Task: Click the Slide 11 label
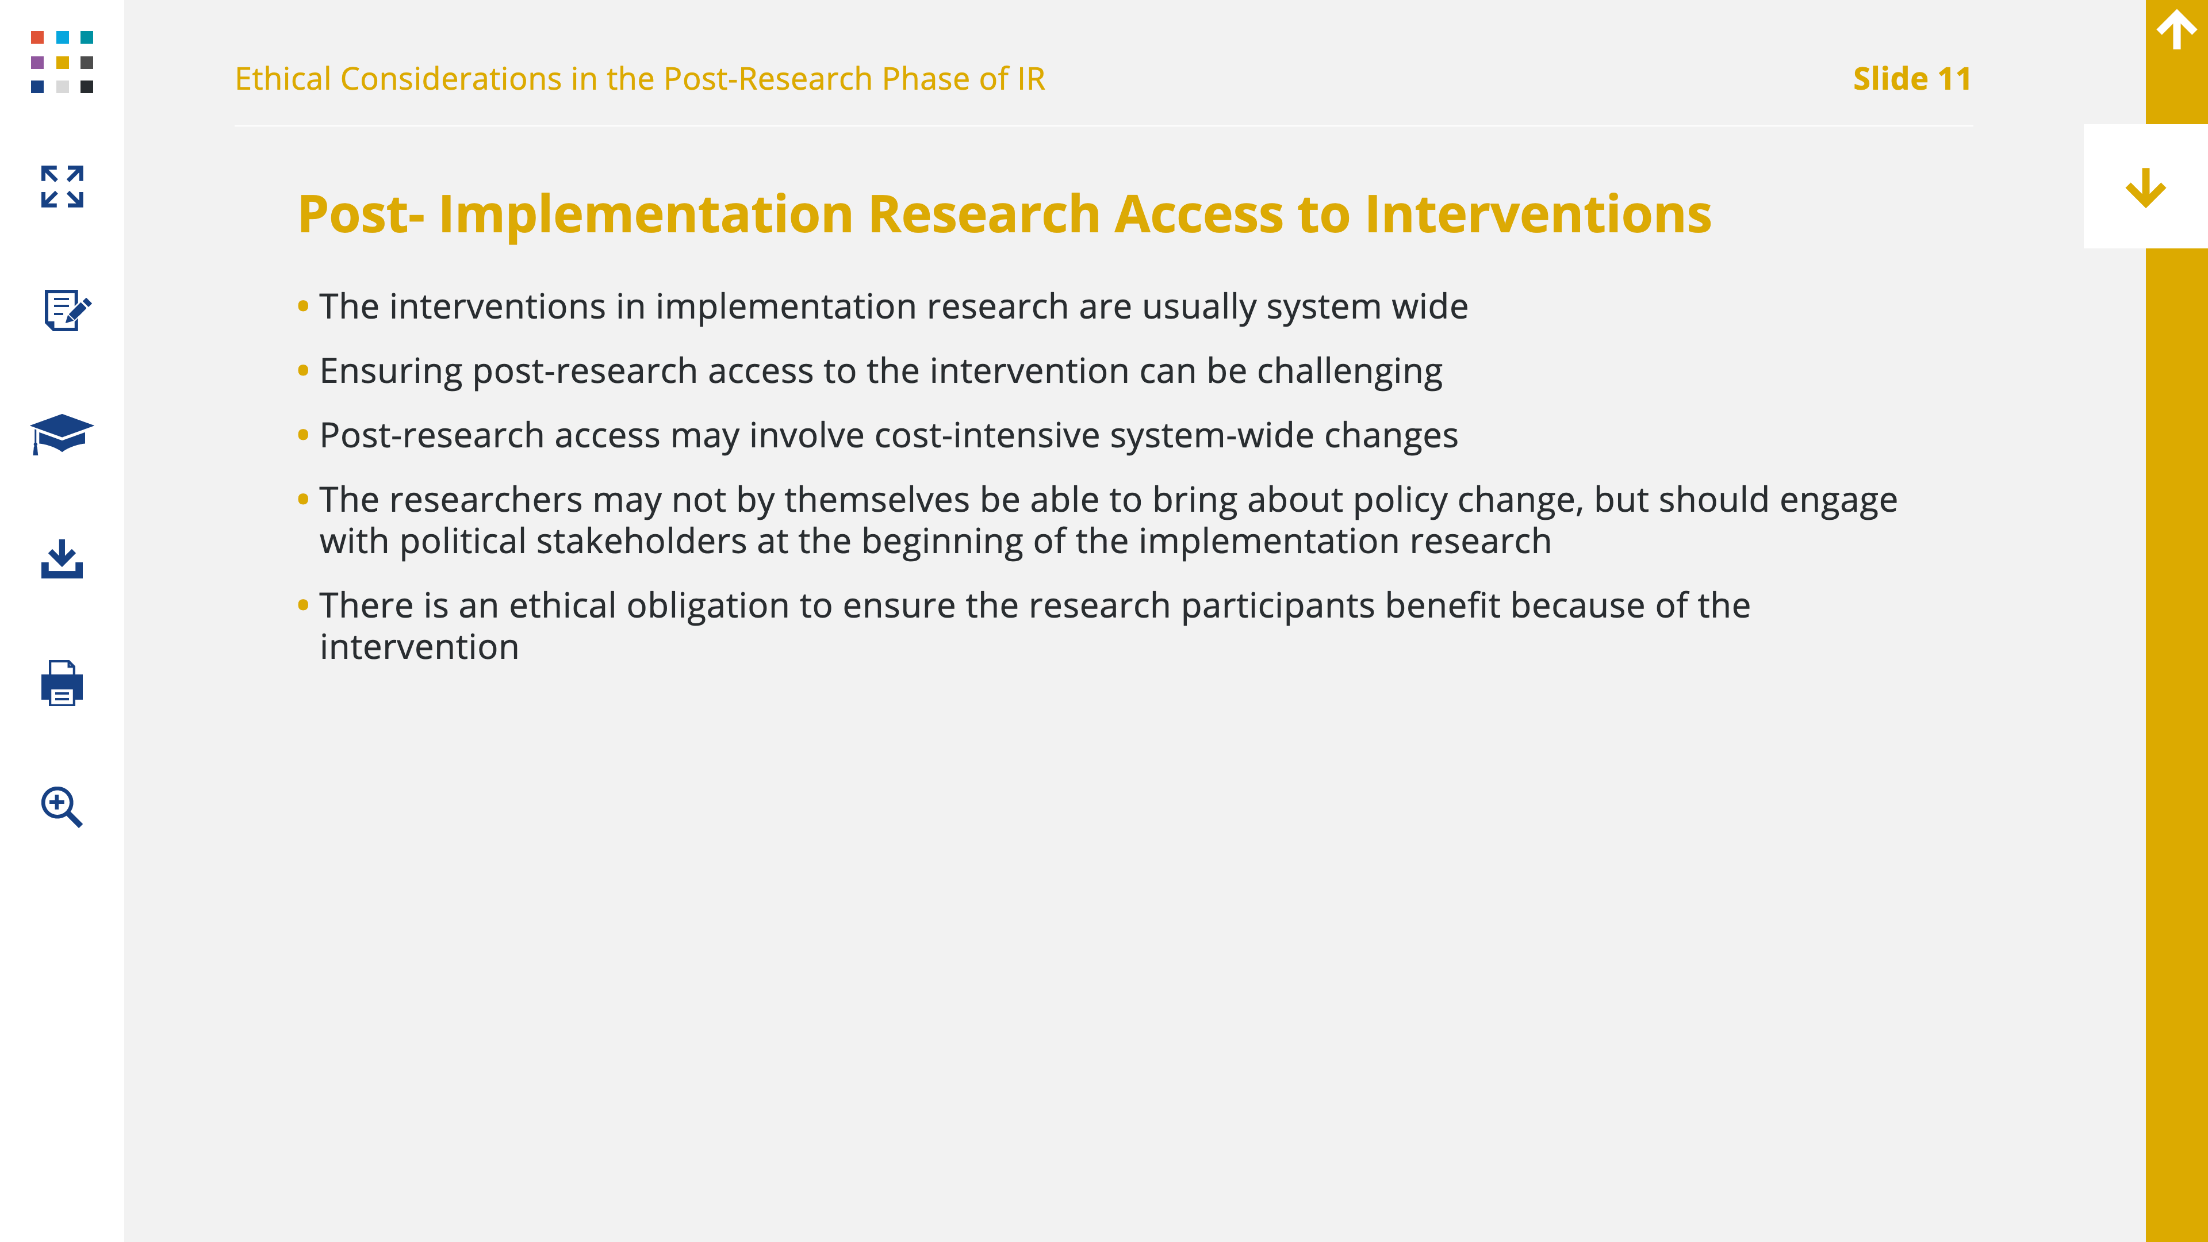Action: click(x=1911, y=79)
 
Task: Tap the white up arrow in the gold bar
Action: click(x=2176, y=29)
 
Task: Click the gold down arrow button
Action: click(x=2145, y=187)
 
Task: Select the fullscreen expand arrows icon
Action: click(x=62, y=187)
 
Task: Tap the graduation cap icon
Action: click(x=62, y=434)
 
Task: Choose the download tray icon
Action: click(x=62, y=559)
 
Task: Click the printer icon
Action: click(x=62, y=683)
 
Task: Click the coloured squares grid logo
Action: click(x=62, y=62)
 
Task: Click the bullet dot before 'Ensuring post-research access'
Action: click(x=302, y=370)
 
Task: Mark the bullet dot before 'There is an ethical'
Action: click(x=302, y=605)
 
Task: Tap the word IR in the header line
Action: click(x=1031, y=79)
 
